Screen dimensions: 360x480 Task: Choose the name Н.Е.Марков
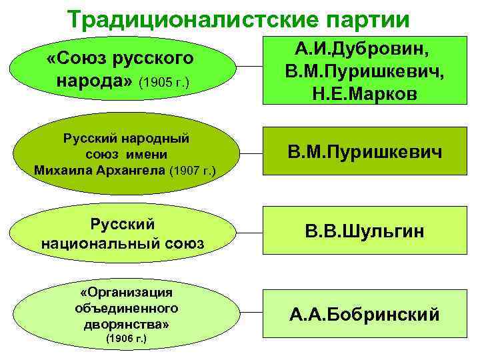(x=364, y=93)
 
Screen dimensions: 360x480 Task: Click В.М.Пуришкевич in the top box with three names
(x=364, y=71)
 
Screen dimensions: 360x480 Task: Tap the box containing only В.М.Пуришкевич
(x=364, y=155)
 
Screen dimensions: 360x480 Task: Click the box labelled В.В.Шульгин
(x=364, y=232)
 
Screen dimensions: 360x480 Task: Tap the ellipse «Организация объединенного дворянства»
(x=127, y=313)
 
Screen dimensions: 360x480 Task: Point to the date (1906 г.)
(x=126, y=339)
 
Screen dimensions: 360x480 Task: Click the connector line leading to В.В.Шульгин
(x=250, y=233)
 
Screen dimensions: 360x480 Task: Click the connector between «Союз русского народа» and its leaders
(x=250, y=67)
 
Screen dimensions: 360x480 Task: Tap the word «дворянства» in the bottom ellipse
(x=126, y=324)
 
